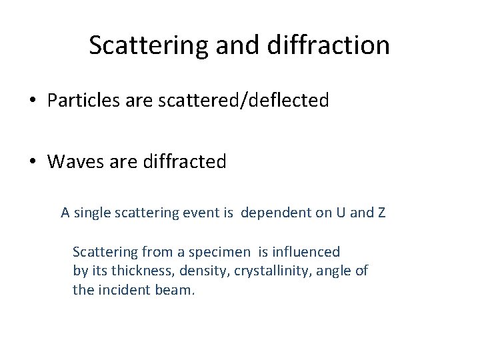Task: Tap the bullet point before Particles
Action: coord(32,101)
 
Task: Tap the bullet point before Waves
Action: coord(32,161)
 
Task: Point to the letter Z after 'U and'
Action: coord(381,213)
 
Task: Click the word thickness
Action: coord(134,271)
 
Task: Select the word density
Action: coord(191,271)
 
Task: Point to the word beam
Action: coord(178,291)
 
